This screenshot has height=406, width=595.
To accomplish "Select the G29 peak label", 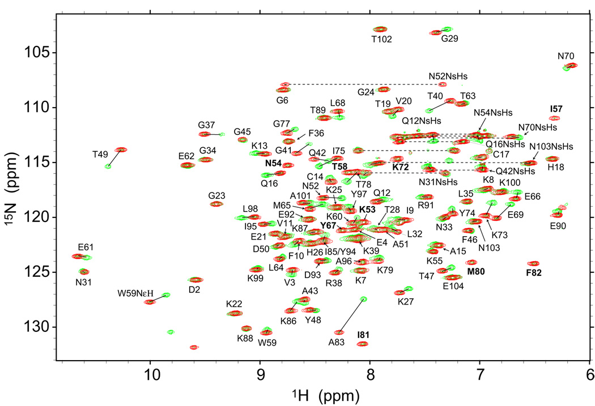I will (x=449, y=39).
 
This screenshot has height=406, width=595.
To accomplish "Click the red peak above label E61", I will (x=79, y=257).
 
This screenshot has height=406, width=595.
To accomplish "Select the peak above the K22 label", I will (x=234, y=313).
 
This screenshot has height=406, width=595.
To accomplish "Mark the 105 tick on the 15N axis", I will (x=54, y=53).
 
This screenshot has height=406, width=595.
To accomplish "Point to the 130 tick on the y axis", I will (x=54, y=327).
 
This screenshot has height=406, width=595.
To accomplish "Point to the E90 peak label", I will (x=558, y=226).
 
